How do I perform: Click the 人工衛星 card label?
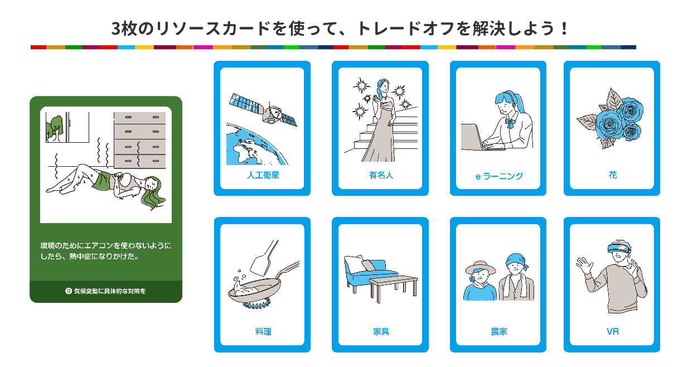tap(263, 175)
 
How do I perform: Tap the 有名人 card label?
tap(381, 175)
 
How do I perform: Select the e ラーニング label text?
tap(499, 176)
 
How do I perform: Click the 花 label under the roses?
tap(613, 175)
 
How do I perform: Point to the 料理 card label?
tap(263, 331)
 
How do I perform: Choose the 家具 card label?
tap(381, 331)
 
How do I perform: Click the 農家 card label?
tap(499, 331)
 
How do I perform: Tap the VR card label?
tap(613, 331)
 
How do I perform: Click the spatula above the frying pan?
tap(264, 258)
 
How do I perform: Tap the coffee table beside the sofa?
tap(394, 287)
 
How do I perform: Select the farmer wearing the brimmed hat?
tap(480, 281)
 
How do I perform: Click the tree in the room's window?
tap(55, 128)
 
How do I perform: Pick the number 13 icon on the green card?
tap(69, 291)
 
